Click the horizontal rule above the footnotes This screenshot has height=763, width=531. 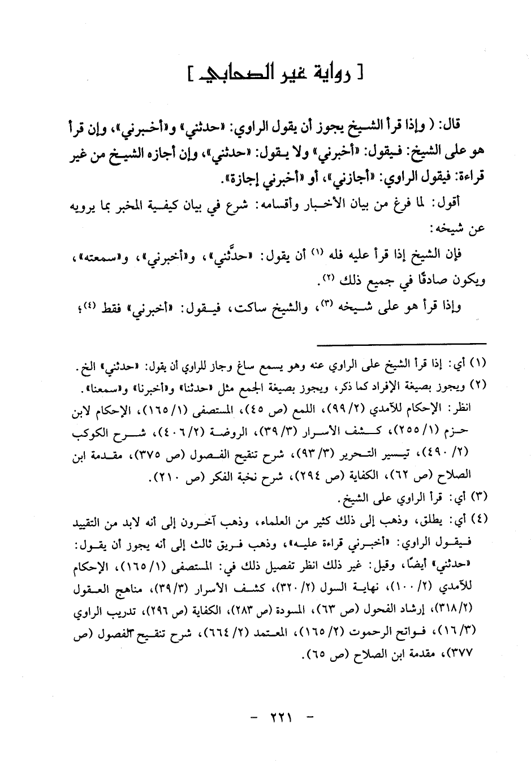click(401, 343)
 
